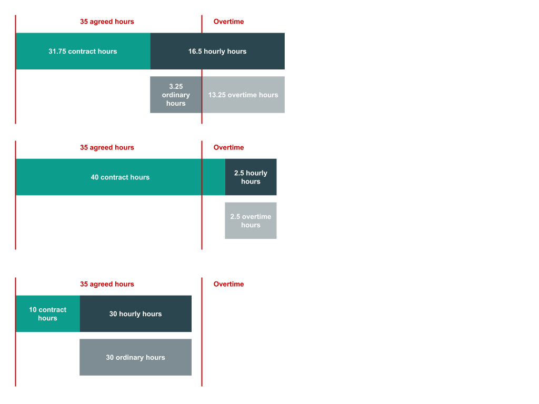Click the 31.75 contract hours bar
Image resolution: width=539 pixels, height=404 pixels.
point(83,51)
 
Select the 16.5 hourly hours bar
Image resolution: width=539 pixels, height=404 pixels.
point(217,51)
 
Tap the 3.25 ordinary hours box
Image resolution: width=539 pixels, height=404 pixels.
point(175,95)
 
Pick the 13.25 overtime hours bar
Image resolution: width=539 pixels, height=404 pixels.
point(243,95)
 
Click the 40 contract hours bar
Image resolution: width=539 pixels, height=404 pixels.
point(120,177)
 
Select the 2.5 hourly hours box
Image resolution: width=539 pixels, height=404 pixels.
point(251,177)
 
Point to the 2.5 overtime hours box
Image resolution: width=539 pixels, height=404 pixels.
point(251,221)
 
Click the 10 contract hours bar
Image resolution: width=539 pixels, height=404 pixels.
point(47,314)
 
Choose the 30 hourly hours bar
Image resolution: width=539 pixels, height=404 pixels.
point(135,314)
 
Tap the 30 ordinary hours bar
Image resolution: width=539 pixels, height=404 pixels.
point(135,357)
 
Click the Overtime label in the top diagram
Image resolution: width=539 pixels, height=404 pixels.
point(228,22)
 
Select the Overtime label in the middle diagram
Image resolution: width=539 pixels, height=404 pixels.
point(228,147)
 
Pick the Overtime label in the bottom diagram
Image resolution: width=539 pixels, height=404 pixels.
point(228,284)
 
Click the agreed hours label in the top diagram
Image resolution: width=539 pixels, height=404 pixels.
point(107,22)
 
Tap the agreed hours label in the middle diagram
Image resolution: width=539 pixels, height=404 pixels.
point(107,147)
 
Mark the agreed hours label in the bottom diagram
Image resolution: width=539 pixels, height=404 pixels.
point(107,284)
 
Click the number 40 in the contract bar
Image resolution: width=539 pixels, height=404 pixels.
point(95,177)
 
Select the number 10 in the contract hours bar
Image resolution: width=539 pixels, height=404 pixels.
point(33,310)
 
